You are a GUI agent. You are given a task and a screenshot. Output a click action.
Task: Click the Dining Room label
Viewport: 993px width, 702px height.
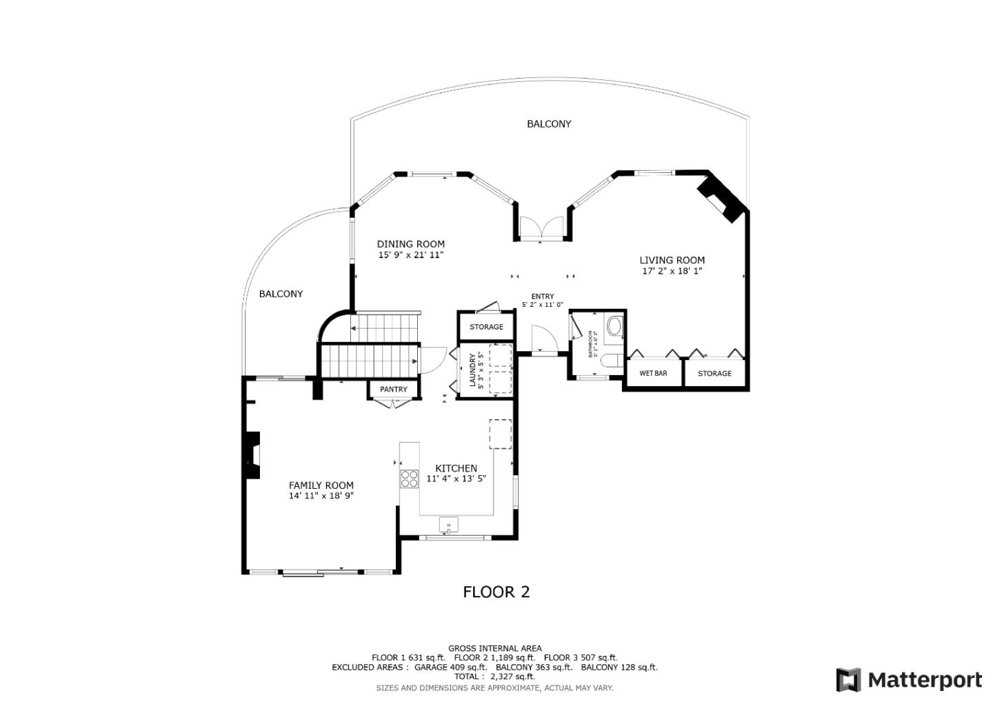[x=410, y=244]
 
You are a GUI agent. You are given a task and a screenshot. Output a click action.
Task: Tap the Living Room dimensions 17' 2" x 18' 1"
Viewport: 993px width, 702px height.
[x=672, y=271]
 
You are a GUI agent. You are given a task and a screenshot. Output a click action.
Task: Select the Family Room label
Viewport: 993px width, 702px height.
[x=321, y=485]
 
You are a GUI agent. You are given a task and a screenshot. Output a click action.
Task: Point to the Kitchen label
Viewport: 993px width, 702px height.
[x=456, y=468]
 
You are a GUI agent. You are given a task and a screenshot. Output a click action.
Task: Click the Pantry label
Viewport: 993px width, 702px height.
[x=393, y=390]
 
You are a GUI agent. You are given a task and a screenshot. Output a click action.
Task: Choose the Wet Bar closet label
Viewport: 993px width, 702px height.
[x=652, y=373]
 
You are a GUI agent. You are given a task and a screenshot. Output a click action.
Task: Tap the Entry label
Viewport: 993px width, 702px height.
[x=542, y=297]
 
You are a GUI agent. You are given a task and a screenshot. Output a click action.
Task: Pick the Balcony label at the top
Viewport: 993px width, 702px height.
[x=549, y=124]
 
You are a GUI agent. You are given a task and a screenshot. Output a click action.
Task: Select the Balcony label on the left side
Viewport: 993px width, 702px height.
[x=281, y=294]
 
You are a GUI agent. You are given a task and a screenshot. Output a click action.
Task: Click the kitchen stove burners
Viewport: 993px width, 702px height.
[x=409, y=479]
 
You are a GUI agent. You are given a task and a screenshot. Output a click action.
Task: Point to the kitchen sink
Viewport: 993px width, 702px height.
[x=448, y=525]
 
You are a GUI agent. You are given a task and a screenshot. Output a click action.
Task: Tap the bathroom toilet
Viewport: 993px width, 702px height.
[x=610, y=360]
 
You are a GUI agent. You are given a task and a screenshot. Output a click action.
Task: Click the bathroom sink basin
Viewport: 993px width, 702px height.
[x=614, y=325]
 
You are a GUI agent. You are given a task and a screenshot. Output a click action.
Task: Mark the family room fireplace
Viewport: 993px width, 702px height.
[x=252, y=455]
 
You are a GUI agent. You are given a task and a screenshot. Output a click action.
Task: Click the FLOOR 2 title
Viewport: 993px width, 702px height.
[x=496, y=592]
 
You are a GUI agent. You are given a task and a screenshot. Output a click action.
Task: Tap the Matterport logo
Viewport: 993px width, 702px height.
[x=908, y=680]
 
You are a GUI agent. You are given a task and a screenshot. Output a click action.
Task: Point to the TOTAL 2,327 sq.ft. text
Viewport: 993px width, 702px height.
[x=494, y=676]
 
